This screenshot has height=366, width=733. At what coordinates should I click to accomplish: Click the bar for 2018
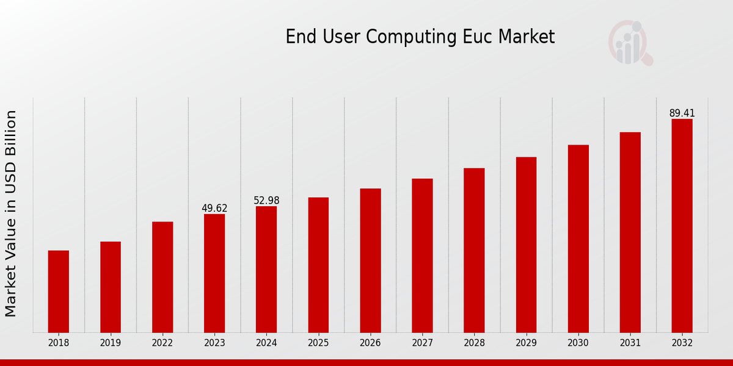click(59, 292)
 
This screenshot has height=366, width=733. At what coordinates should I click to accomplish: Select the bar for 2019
click(111, 287)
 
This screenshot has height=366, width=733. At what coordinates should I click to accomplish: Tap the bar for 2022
click(162, 277)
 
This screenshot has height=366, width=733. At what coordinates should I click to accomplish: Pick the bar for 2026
click(370, 260)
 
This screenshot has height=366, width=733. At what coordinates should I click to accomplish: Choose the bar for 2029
click(526, 245)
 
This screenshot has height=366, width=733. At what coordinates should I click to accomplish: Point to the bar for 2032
click(682, 226)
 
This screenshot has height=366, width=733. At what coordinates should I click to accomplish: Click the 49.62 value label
click(214, 209)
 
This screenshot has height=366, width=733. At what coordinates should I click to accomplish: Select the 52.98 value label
click(266, 201)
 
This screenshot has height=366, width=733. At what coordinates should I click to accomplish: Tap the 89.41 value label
click(682, 113)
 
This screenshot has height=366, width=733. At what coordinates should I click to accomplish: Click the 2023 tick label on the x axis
click(214, 343)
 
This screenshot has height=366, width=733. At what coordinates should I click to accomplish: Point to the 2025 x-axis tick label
click(318, 343)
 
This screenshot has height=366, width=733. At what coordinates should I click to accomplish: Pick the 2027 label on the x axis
click(422, 343)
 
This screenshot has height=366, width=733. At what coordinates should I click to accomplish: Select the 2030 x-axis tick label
click(578, 343)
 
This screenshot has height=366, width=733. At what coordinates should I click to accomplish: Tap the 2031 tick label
click(630, 343)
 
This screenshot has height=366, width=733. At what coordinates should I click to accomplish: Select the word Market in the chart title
click(526, 37)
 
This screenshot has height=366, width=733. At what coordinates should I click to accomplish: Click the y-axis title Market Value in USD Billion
click(11, 213)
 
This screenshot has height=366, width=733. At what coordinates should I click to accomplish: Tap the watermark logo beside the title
click(630, 43)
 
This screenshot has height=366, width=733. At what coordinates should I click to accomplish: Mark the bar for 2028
click(474, 250)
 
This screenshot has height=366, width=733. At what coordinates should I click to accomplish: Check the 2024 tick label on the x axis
click(266, 343)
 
